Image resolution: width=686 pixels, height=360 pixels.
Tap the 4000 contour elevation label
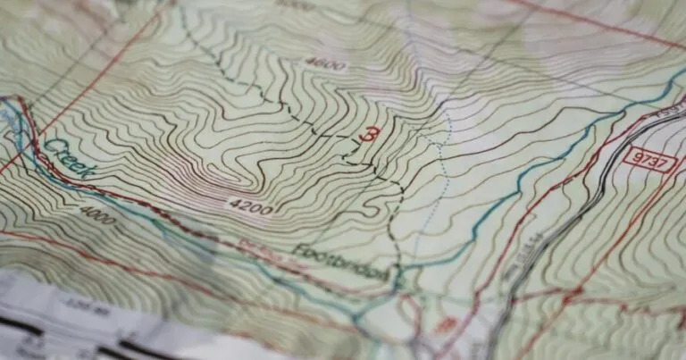pyautogui.click(x=94, y=213)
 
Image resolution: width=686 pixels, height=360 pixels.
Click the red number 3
pyautogui.click(x=365, y=135)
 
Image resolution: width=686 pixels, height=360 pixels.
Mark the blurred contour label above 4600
pyautogui.click(x=294, y=4)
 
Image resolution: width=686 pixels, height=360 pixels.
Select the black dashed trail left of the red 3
pyautogui.click(x=295, y=116)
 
